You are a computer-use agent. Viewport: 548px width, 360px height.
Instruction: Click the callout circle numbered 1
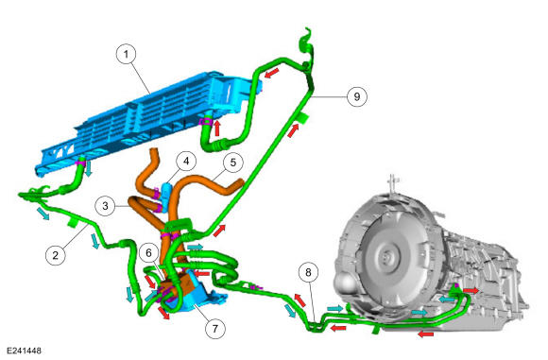tap(126, 54)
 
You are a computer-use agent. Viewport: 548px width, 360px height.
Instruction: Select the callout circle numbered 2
tap(56, 255)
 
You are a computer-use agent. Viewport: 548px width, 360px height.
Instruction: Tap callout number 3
tap(105, 206)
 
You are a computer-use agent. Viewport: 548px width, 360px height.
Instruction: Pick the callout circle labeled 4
tap(186, 162)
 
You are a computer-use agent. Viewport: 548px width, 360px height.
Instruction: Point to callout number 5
tap(232, 163)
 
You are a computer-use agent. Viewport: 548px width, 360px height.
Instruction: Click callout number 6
tap(149, 252)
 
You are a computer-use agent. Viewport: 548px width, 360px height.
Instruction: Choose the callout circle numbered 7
tap(215, 329)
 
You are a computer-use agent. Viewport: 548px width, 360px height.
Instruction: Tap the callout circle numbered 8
tap(308, 272)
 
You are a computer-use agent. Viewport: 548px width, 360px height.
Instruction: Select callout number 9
tap(357, 96)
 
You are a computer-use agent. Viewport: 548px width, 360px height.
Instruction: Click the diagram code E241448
tap(24, 351)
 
